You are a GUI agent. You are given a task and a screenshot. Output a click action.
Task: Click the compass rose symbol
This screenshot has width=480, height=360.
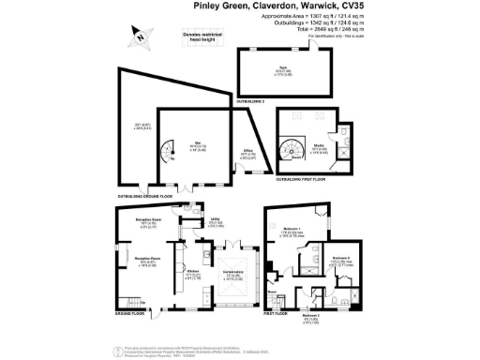[139, 37]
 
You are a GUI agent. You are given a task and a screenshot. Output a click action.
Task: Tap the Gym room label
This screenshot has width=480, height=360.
[282, 69]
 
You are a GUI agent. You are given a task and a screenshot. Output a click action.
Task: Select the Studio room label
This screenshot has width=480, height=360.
[318, 147]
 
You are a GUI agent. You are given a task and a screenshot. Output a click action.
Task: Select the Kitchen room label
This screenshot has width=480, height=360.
[190, 273]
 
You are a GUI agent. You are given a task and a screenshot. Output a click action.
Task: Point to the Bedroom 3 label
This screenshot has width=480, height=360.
[309, 317]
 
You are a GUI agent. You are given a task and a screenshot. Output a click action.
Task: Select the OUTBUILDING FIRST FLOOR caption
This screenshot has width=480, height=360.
[297, 179]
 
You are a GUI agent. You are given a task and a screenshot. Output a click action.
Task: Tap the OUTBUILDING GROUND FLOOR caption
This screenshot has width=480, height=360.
[153, 197]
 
